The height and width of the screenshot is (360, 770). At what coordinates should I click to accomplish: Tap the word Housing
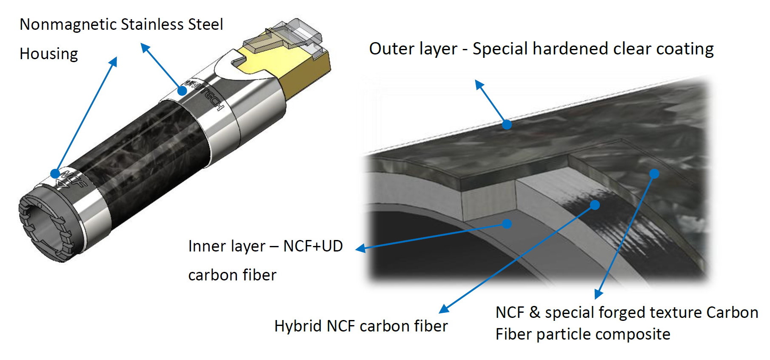(x=49, y=54)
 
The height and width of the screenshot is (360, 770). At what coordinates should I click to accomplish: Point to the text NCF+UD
(x=313, y=246)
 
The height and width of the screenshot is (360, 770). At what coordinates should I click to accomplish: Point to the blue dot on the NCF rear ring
(x=55, y=173)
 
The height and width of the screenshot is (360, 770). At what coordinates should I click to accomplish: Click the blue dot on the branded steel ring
(x=182, y=91)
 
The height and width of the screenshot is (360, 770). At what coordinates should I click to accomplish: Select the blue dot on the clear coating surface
(x=507, y=124)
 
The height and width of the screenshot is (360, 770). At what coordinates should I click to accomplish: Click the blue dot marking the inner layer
(x=506, y=224)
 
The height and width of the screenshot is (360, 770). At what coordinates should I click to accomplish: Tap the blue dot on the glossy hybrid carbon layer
(x=595, y=205)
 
